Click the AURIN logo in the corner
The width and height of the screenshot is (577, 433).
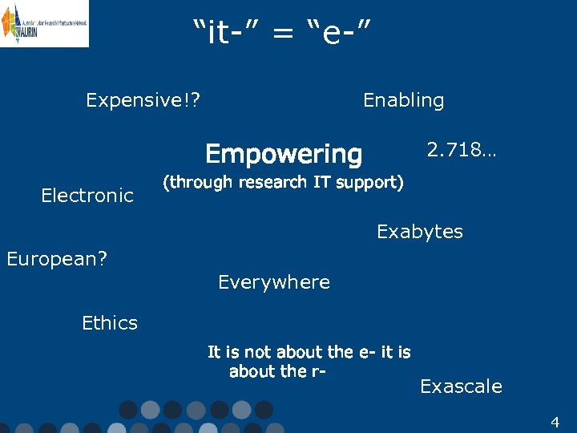44,23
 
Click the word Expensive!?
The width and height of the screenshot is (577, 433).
143,100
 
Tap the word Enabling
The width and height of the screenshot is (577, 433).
403,100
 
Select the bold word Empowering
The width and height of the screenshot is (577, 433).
284,153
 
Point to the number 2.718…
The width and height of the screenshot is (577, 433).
461,149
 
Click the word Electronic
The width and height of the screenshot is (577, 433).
87,196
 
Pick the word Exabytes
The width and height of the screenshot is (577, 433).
420,232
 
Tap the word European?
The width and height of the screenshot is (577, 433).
57,259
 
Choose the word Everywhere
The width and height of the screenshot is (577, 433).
274,282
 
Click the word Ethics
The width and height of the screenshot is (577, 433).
110,323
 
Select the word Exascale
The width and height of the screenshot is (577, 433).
461,386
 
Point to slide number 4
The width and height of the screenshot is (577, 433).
555,422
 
